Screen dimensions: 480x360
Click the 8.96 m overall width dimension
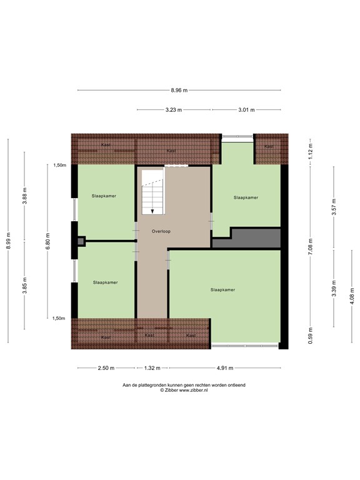tap(179, 90)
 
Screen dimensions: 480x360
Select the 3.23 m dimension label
tap(173, 110)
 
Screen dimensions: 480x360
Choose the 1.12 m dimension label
tap(311, 149)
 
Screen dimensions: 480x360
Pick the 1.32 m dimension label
tap(152, 368)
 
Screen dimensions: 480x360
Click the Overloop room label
tap(161, 231)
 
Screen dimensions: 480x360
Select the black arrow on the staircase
tap(152, 211)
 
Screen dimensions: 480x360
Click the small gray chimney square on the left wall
tap(80, 241)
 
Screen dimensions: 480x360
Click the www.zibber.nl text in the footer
tap(199, 390)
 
